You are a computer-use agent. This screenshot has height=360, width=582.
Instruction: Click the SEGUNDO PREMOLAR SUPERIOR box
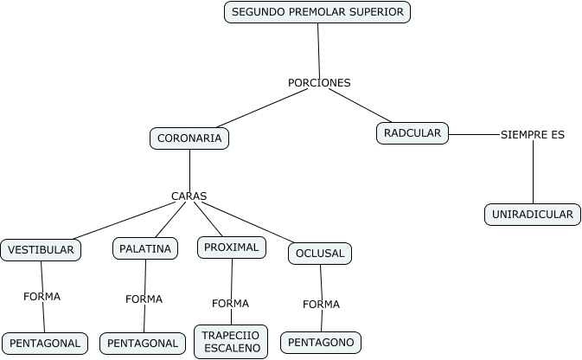click(317, 12)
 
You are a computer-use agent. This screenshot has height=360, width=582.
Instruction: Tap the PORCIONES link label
click(319, 83)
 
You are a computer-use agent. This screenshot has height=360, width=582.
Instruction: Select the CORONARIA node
click(189, 138)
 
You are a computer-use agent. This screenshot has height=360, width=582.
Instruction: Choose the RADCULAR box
click(413, 133)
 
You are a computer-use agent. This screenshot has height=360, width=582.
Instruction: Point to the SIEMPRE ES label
click(533, 135)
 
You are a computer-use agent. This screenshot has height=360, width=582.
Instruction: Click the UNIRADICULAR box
click(533, 215)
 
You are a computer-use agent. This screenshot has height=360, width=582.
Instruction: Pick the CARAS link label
click(189, 196)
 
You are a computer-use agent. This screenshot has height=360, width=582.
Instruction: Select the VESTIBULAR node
click(42, 250)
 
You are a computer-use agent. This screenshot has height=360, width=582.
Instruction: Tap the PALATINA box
click(145, 248)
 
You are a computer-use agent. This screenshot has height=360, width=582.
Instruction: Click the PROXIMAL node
click(231, 247)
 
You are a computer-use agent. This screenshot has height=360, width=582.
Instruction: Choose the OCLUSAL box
click(320, 254)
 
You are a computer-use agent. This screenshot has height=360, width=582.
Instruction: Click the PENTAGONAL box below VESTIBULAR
click(45, 344)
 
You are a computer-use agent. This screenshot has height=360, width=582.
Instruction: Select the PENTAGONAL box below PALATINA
click(143, 344)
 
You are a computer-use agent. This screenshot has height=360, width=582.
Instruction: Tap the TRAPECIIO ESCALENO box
click(231, 341)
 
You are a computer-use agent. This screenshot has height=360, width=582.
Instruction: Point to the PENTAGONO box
click(321, 343)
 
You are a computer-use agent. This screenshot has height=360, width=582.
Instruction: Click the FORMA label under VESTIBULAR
click(42, 297)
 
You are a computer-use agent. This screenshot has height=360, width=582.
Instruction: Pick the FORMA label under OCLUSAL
click(321, 305)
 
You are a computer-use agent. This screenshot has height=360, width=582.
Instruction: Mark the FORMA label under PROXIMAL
click(230, 304)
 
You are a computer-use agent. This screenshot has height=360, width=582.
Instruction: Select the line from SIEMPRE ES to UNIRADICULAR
click(533, 173)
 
